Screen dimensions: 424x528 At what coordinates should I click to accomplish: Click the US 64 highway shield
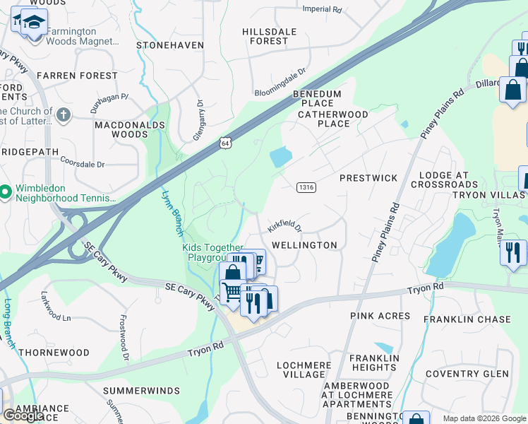point(224,143)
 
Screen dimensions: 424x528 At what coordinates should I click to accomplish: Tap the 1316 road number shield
point(306,187)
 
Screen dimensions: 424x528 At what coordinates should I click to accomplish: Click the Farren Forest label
point(77,75)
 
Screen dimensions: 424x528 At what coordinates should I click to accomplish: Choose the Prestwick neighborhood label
point(368,178)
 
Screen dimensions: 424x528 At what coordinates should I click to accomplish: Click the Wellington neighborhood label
point(305,245)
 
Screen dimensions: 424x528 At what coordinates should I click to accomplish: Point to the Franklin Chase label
point(467,319)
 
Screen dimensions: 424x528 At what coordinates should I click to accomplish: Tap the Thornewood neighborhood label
point(54,352)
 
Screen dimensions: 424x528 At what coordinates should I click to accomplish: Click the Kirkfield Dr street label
point(284,226)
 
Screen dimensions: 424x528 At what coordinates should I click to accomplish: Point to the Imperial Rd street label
point(321,10)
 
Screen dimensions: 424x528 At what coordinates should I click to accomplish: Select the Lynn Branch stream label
point(173,213)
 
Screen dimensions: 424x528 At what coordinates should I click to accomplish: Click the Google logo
point(23,416)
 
